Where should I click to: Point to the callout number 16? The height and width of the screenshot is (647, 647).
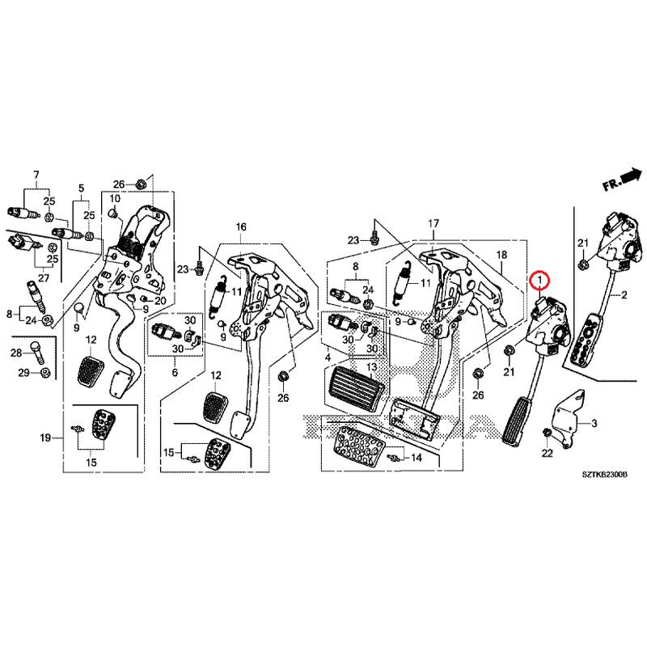[240, 228]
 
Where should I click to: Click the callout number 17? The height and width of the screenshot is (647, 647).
[433, 223]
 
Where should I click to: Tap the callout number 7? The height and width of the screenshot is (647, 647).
[36, 175]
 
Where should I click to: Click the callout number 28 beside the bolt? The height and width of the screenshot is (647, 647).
[16, 353]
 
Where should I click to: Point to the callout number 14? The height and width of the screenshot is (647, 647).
[417, 458]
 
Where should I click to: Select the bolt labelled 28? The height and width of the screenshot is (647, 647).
[37, 352]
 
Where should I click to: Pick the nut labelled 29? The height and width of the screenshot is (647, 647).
[45, 373]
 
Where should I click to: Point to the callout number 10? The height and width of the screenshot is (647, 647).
[115, 198]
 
